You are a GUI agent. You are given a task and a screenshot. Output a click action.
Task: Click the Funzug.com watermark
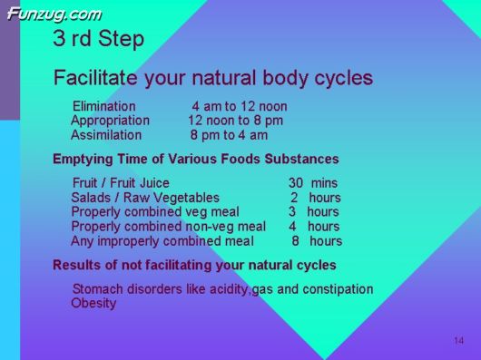tap(54, 14)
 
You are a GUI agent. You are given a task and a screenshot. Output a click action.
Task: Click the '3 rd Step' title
tap(98, 40)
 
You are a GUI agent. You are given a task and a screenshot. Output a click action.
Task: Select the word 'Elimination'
tap(103, 106)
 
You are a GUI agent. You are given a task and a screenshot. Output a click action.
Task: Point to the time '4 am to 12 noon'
tap(239, 106)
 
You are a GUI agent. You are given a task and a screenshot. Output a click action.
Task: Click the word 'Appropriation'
tap(110, 121)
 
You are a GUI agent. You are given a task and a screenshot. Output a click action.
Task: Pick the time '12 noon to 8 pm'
tap(235, 121)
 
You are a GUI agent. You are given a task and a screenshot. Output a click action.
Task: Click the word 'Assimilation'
tap(106, 135)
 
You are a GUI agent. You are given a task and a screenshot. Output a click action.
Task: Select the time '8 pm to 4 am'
tap(229, 135)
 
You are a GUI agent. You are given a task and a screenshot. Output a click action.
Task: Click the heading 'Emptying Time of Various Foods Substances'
tap(195, 159)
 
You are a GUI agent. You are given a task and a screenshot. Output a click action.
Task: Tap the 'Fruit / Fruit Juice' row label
tap(120, 182)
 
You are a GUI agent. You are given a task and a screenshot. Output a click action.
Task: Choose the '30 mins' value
tap(312, 182)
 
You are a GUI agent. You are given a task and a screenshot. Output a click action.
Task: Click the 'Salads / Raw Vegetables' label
tap(144, 197)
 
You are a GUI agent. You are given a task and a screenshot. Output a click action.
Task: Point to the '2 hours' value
tap(315, 197)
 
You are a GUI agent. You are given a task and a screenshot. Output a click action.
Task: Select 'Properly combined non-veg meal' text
tap(168, 226)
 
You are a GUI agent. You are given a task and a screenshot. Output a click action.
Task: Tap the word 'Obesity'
tap(93, 303)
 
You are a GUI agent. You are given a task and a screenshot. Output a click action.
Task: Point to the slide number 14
tap(458, 340)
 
